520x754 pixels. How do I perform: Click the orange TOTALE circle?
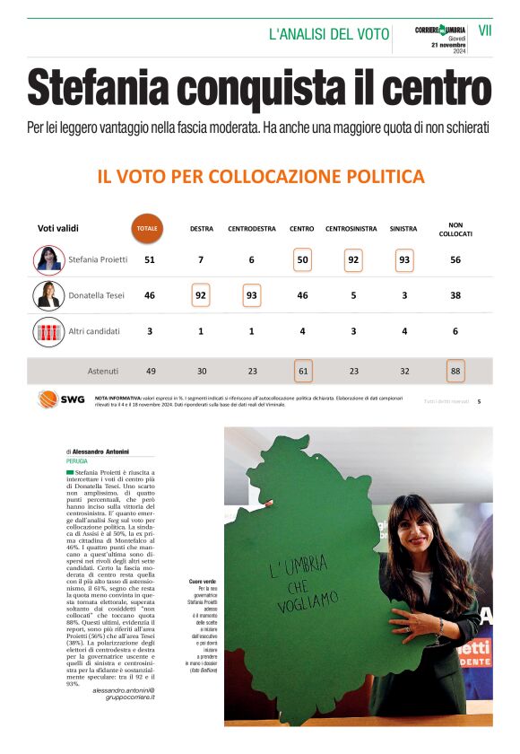pyautogui.click(x=147, y=228)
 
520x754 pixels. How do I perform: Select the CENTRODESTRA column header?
pyautogui.click(x=252, y=229)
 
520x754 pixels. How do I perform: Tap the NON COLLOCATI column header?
pyautogui.click(x=455, y=229)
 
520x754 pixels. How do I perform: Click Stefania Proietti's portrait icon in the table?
pyautogui.click(x=48, y=259)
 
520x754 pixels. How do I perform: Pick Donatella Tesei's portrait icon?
pyautogui.click(x=48, y=295)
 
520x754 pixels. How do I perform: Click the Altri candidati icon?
pyautogui.click(x=48, y=331)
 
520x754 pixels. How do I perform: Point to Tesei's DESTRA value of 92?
pyautogui.click(x=202, y=295)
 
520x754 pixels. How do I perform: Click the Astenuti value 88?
pyautogui.click(x=455, y=371)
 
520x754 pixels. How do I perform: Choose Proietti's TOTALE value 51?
pyautogui.click(x=150, y=260)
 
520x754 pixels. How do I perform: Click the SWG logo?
pyautogui.click(x=61, y=399)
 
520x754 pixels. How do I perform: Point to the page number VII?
pyautogui.click(x=485, y=31)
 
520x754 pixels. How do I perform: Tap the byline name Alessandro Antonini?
pyautogui.click(x=101, y=452)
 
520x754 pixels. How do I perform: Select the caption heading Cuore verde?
pyautogui.click(x=202, y=557)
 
